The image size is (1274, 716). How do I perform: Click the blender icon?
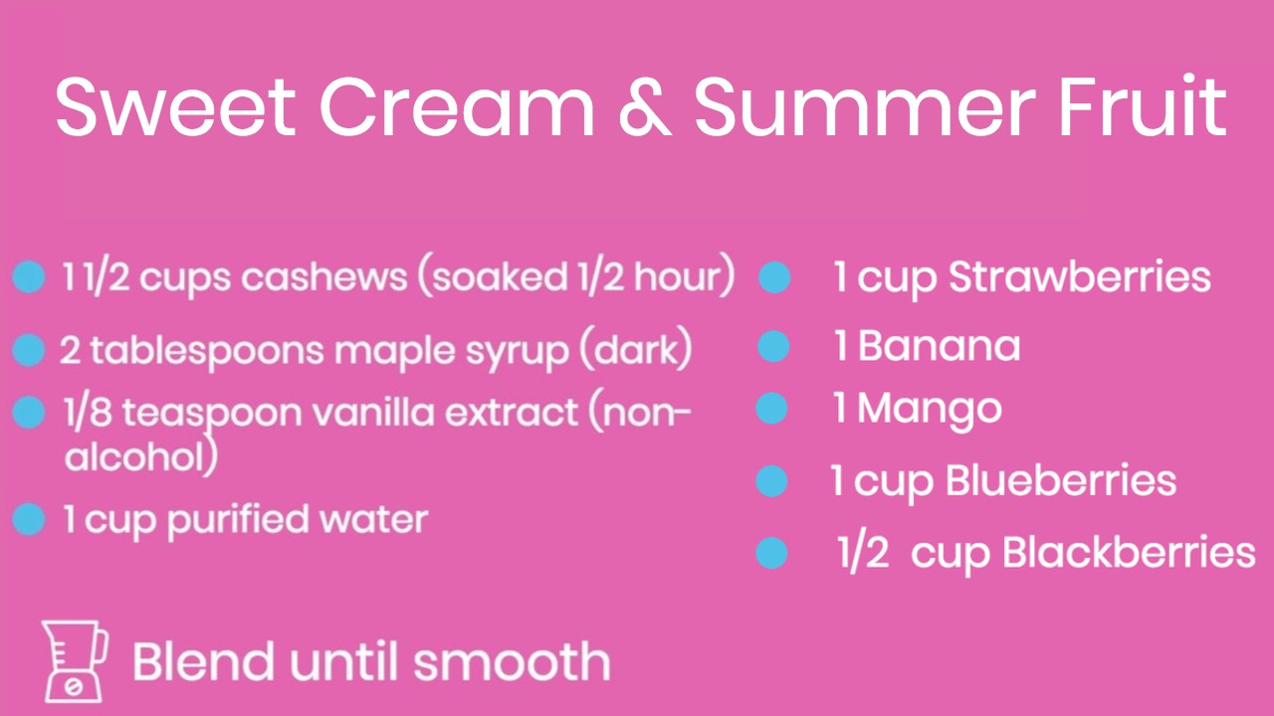point(75,662)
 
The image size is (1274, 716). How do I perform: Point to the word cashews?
point(324,277)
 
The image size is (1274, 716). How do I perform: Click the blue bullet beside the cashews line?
point(29,277)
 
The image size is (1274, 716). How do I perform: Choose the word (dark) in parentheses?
point(636,349)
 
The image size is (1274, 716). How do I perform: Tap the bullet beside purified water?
point(29,519)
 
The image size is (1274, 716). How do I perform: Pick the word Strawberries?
point(1080,277)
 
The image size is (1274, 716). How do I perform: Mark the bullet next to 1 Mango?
point(771,408)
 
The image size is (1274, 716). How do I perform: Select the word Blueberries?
point(1061,480)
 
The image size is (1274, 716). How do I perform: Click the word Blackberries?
point(1129,552)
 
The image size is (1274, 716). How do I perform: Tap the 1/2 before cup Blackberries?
point(863,554)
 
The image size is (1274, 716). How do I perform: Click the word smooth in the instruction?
point(512,661)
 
